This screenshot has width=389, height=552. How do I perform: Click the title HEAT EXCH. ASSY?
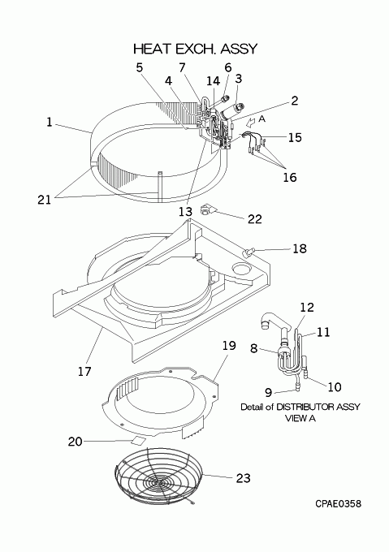[196, 49]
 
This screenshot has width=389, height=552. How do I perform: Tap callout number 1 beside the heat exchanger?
[50, 122]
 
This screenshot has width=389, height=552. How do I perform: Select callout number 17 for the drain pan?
[84, 371]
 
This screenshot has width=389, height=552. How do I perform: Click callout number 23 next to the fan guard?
[244, 478]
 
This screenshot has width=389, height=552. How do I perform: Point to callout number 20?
[75, 442]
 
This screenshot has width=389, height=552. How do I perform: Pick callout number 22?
[255, 219]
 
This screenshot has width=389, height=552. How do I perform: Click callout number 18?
[300, 248]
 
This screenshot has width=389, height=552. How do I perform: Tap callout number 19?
[229, 346]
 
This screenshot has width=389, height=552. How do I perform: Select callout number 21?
[45, 200]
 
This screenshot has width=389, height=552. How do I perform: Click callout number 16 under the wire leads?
[290, 177]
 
